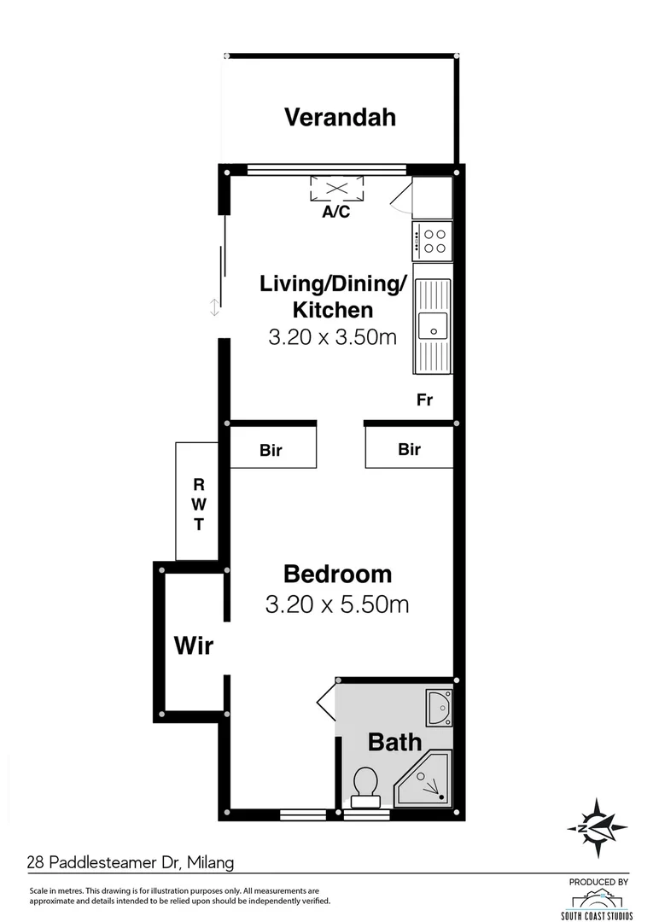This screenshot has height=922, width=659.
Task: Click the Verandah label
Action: [340, 117]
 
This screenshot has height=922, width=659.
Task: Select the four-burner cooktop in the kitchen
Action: [432, 240]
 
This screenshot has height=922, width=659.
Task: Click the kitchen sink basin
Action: [432, 324]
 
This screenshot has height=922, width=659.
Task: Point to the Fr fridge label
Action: [424, 399]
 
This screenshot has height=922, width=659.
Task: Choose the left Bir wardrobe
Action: [271, 449]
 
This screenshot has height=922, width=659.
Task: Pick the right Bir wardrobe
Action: [410, 448]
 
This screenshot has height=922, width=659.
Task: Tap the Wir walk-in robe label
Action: [193, 645]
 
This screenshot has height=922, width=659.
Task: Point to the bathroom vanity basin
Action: [439, 707]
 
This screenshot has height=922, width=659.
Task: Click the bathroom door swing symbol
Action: [327, 703]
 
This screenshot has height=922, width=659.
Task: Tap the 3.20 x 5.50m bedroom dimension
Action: [337, 605]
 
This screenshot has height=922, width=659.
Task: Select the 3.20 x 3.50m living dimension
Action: [333, 336]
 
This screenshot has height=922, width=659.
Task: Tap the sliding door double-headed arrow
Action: [214, 307]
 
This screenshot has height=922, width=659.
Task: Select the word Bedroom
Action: [337, 574]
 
